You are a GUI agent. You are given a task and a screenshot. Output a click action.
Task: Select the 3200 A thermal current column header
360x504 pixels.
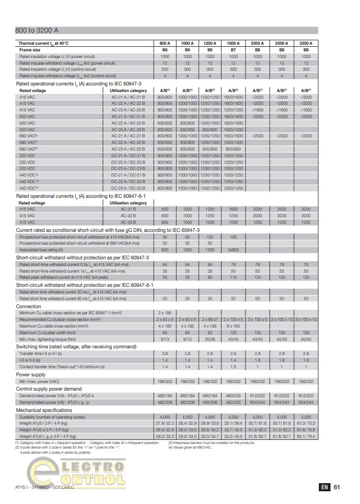(x=306, y=44)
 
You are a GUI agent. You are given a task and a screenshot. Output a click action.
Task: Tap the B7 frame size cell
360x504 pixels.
(x=233, y=50)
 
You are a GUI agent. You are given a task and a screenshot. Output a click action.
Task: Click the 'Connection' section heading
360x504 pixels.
(x=28, y=307)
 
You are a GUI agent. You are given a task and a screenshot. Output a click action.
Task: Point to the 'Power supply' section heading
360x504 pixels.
(x=31, y=374)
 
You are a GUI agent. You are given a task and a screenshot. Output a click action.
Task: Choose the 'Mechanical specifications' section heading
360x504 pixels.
(x=44, y=410)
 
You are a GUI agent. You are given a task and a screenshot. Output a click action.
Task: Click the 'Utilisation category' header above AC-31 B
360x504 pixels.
(x=128, y=203)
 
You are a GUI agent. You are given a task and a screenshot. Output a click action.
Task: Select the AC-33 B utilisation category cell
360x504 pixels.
(x=133, y=222)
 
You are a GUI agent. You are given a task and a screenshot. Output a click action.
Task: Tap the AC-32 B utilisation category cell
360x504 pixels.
(x=133, y=216)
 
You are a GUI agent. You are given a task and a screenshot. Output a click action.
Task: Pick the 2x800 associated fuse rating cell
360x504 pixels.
(x=233, y=250)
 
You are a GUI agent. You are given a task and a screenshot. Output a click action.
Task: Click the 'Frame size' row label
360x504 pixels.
(x=30, y=50)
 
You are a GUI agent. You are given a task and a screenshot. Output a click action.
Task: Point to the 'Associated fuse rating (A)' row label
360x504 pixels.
(x=41, y=250)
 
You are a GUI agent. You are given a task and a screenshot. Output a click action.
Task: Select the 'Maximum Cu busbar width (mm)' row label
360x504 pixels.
(x=51, y=332)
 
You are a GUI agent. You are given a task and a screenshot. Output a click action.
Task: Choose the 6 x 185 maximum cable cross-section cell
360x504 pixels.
(x=233, y=325)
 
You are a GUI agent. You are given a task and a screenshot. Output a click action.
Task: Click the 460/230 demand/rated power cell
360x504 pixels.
(x=233, y=395)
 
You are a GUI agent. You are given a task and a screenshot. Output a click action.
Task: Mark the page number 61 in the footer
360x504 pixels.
(x=337, y=487)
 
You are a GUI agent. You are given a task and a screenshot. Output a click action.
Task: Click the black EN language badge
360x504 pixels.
(x=324, y=487)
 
